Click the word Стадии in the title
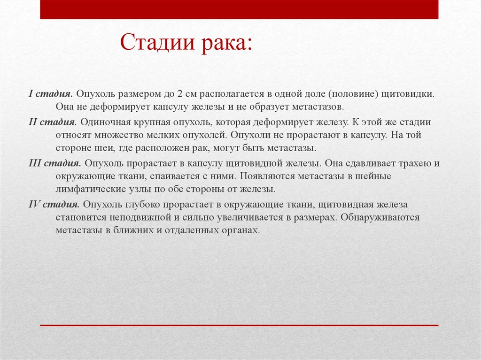[x=157, y=42]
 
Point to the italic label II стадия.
[x=53, y=122]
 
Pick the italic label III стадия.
[x=54, y=163]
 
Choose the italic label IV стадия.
[x=54, y=204]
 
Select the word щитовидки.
[x=408, y=94]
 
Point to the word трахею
[x=414, y=163]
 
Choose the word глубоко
[x=143, y=204]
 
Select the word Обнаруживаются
[x=380, y=217]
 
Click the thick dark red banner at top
[x=239, y=9]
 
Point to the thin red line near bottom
[x=239, y=325]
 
